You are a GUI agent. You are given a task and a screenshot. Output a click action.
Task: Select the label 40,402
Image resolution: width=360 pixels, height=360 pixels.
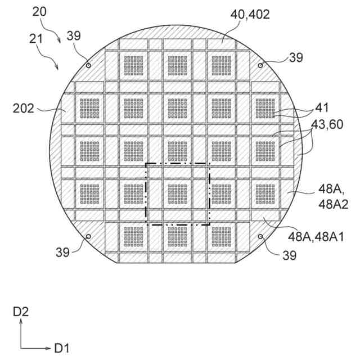(x=250, y=15)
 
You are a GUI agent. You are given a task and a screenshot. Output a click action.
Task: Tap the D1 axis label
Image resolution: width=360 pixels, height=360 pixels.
(x=62, y=348)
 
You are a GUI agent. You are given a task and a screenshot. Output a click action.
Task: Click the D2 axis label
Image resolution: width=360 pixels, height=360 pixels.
(x=20, y=310)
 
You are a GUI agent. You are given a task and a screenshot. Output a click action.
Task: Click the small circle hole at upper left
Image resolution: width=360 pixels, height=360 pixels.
(x=88, y=65)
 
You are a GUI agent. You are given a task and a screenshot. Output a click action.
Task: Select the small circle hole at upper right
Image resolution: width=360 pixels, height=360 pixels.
(x=260, y=65)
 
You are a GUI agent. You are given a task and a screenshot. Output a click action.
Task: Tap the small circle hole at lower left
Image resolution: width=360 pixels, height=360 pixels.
(x=88, y=236)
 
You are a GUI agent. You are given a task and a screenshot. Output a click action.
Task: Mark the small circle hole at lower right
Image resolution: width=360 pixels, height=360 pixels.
(x=260, y=236)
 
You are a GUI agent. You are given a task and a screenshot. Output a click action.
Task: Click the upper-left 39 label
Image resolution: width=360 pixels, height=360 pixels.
(x=74, y=35)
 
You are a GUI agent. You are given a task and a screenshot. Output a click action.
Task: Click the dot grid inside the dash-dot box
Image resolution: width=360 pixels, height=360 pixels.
(x=178, y=193)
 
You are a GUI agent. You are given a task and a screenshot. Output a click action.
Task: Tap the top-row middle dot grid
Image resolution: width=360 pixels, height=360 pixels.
(x=178, y=65)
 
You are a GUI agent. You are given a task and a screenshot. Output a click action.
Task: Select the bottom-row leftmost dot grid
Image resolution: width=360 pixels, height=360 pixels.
(x=133, y=236)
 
